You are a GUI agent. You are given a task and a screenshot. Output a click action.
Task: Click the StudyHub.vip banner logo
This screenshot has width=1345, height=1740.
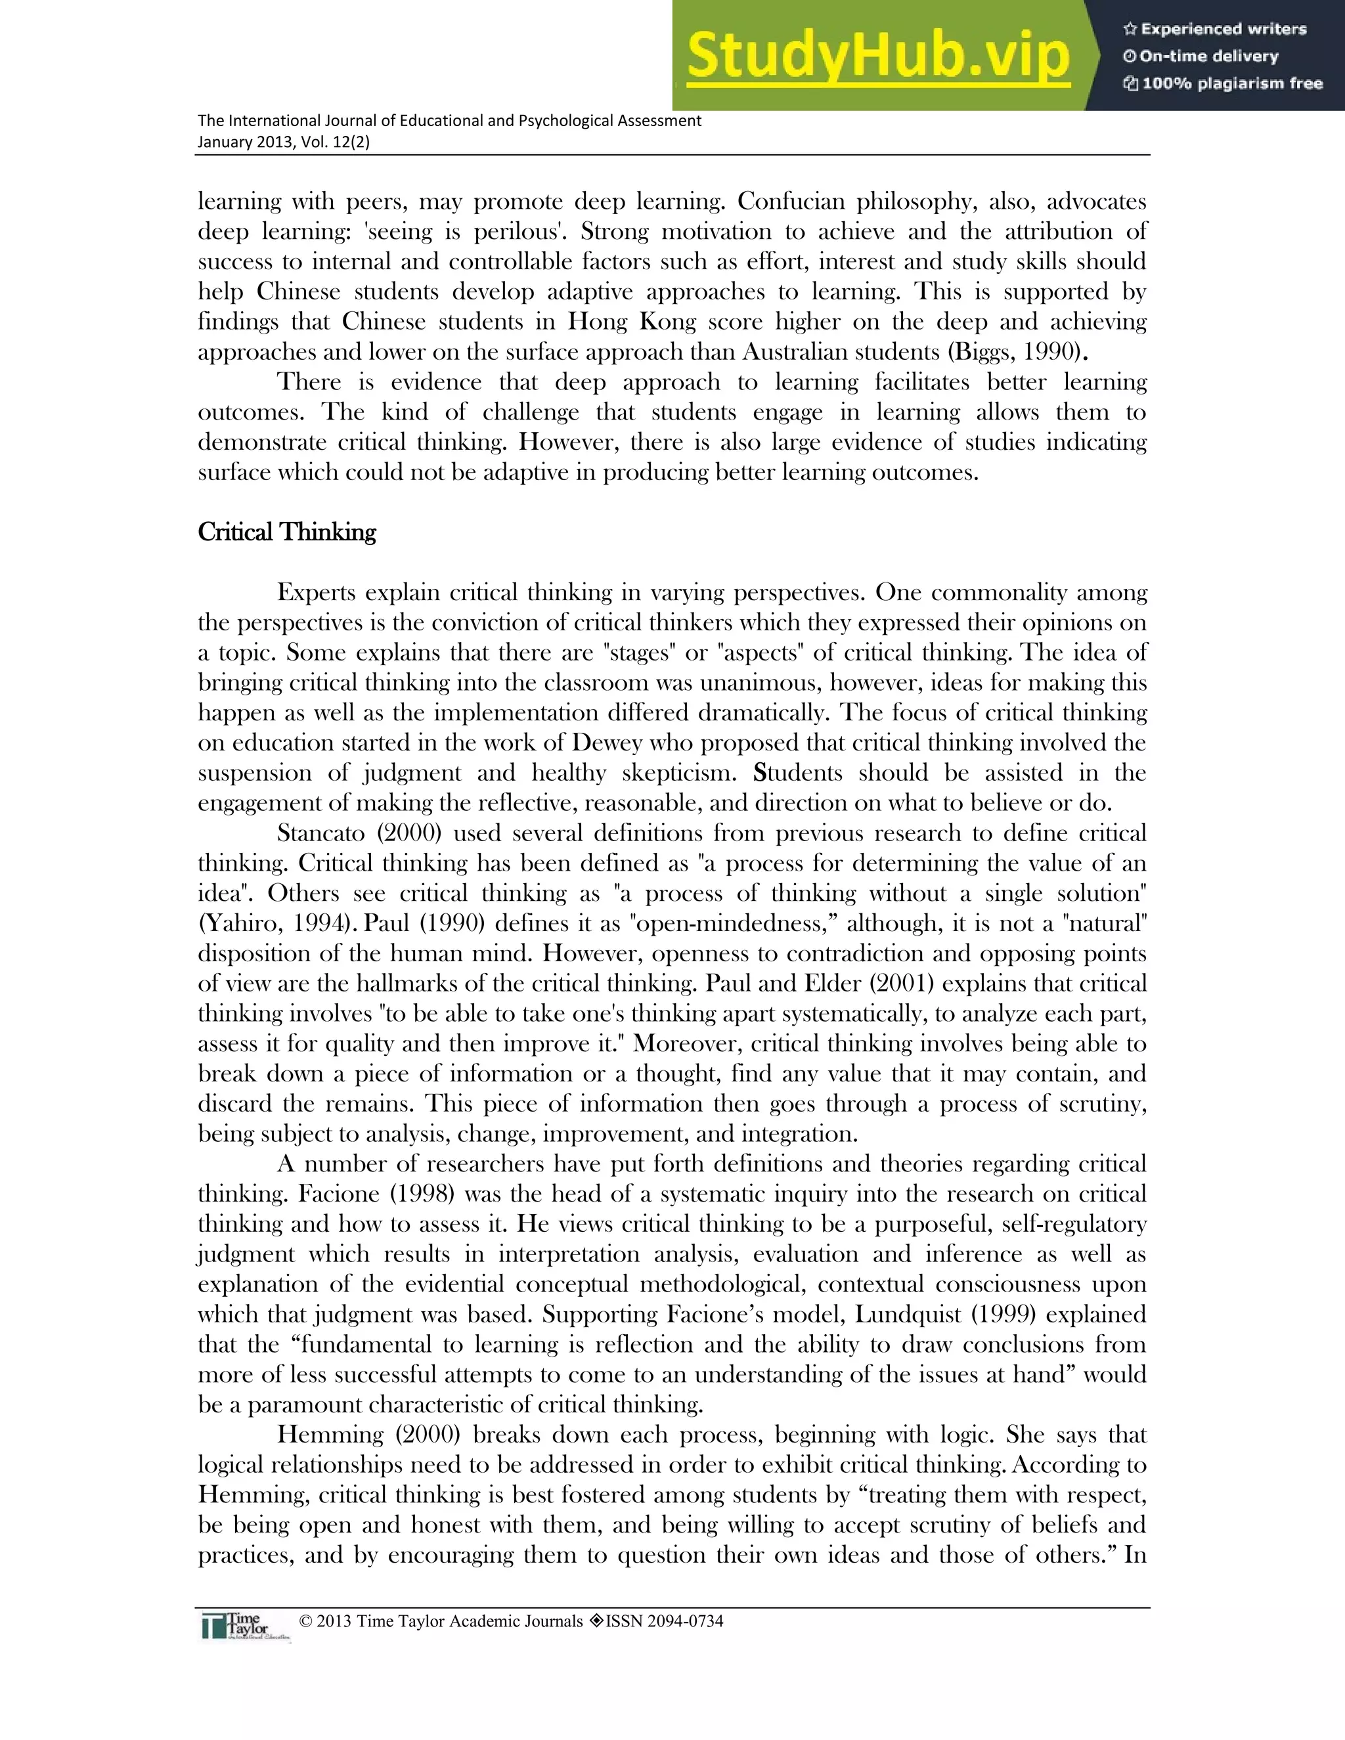click(877, 56)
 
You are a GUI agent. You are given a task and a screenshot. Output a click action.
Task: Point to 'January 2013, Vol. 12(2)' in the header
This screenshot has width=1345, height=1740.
click(284, 142)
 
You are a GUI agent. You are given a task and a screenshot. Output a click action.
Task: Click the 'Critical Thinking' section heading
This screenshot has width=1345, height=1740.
click(287, 533)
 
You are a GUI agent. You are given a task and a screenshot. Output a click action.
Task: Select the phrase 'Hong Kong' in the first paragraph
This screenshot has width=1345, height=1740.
click(632, 322)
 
